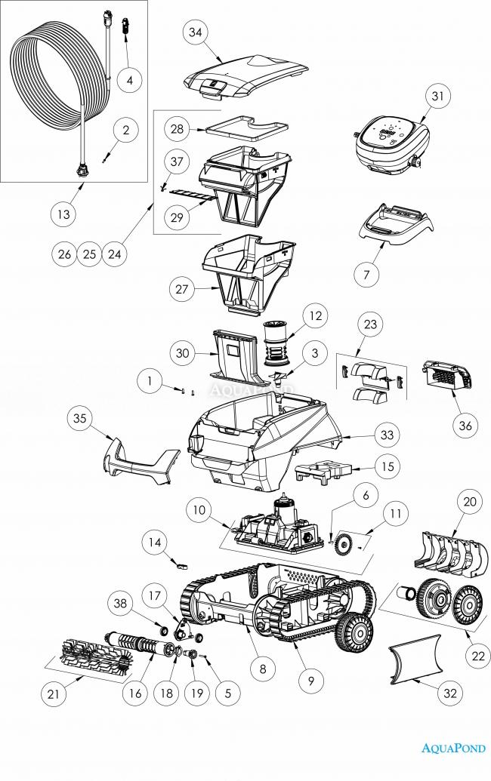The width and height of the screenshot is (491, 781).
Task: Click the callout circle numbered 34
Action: (x=196, y=32)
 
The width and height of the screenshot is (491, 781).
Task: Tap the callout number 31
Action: (x=437, y=97)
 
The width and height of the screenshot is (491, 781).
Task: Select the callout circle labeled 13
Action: (x=63, y=215)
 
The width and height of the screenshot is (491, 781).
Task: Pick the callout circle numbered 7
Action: (x=366, y=274)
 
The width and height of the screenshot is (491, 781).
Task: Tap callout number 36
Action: (x=465, y=426)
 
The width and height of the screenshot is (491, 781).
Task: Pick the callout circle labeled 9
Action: (x=309, y=681)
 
